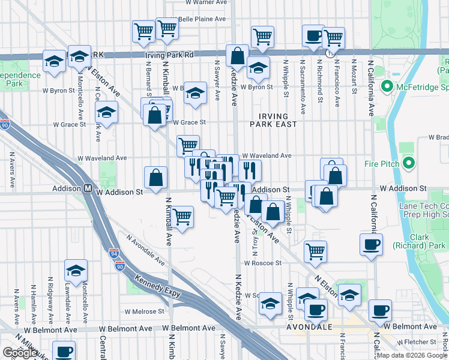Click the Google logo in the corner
[20, 353]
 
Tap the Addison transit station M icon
[88, 188]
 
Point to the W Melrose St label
[144, 311]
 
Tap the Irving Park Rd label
[169, 55]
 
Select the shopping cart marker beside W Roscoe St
[315, 251]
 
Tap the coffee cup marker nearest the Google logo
[64, 350]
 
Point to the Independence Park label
[19, 80]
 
